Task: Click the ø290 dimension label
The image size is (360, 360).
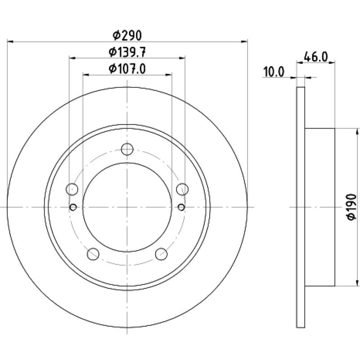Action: click(127, 36)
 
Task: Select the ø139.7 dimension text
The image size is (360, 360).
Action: click(127, 52)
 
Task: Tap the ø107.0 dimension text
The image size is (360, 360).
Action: click(127, 69)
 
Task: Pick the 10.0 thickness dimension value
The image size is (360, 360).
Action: click(274, 72)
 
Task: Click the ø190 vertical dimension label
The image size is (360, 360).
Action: click(351, 207)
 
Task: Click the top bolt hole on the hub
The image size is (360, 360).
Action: click(127, 149)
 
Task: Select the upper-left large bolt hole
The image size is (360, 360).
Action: click(72, 189)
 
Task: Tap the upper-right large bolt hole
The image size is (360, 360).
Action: click(182, 189)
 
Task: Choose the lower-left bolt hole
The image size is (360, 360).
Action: click(93, 254)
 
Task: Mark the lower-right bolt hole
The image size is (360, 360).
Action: click(161, 254)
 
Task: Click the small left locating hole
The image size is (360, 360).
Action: click(73, 207)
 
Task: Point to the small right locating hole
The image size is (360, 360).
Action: click(181, 207)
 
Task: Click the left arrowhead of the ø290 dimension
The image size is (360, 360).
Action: click(10, 42)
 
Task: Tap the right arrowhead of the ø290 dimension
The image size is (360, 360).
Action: click(244, 41)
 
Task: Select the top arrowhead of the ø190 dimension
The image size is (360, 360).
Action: click(357, 132)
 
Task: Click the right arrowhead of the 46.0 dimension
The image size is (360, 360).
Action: click(332, 62)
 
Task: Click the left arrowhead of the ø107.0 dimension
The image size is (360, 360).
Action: click(86, 75)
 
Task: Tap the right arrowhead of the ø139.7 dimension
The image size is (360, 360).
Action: click(182, 58)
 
